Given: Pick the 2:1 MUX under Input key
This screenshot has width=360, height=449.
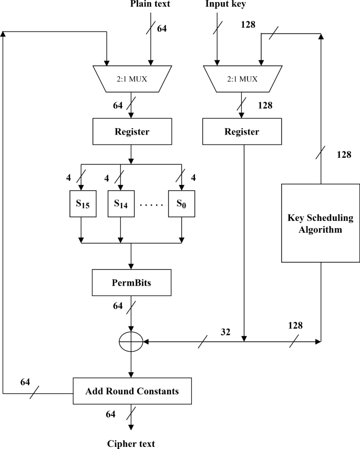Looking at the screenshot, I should pos(242,79).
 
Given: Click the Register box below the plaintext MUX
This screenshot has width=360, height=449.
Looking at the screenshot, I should pos(131,131).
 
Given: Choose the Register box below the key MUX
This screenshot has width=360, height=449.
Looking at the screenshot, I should pos(242,131).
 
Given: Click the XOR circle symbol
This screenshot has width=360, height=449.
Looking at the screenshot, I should pos(131,342).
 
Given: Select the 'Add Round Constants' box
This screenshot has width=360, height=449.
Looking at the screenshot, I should pos(131,391).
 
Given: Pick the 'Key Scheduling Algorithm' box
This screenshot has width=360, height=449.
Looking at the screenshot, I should pos(320,223).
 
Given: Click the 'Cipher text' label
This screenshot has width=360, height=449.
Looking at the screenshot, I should pos(131,443).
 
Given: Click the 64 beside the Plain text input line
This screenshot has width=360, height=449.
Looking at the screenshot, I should pos(162,28).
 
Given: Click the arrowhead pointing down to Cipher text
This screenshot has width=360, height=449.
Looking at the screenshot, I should pos(131,428).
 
